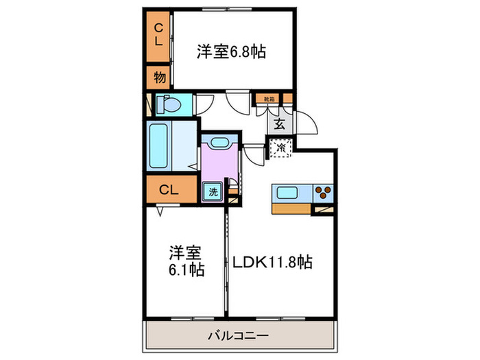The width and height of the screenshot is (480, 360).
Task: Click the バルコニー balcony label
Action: pyautogui.click(x=237, y=336)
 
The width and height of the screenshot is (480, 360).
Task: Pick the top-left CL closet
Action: pyautogui.click(x=158, y=34)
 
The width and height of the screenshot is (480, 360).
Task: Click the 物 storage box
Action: pyautogui.click(x=159, y=78)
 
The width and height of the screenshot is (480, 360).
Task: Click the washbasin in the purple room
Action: pyautogui.click(x=220, y=143)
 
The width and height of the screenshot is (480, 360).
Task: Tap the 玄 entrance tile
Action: pyautogui.click(x=280, y=124)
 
